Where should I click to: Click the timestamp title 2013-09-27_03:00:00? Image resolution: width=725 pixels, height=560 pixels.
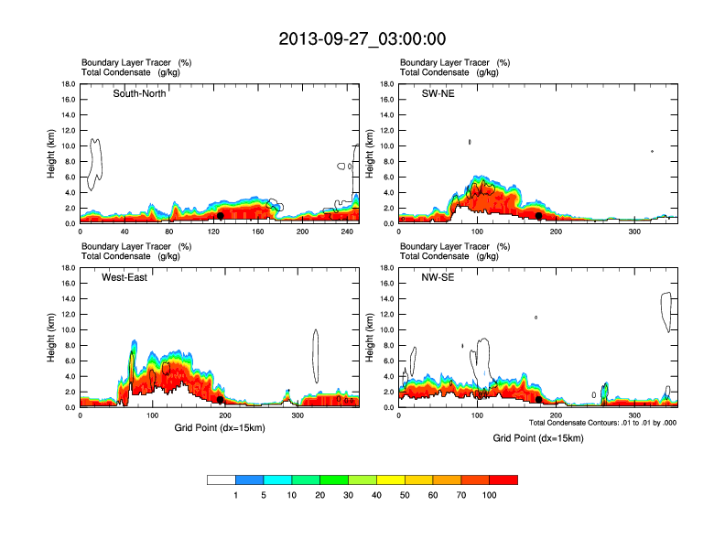362,38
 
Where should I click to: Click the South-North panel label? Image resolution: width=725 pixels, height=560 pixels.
139,94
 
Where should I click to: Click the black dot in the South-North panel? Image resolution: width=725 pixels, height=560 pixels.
221,216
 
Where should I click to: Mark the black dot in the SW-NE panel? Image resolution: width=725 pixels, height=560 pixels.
539,216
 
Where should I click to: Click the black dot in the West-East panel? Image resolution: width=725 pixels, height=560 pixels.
221,400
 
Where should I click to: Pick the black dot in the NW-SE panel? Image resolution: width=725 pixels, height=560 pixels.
538,400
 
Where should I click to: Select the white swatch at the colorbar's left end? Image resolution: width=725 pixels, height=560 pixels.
222,479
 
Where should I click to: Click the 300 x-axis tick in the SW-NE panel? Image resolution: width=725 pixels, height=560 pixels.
634,232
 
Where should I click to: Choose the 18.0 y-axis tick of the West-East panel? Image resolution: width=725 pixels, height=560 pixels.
68,268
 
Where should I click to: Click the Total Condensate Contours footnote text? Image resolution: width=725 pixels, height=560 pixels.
602,423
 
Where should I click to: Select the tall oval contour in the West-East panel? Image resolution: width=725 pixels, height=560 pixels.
316,356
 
